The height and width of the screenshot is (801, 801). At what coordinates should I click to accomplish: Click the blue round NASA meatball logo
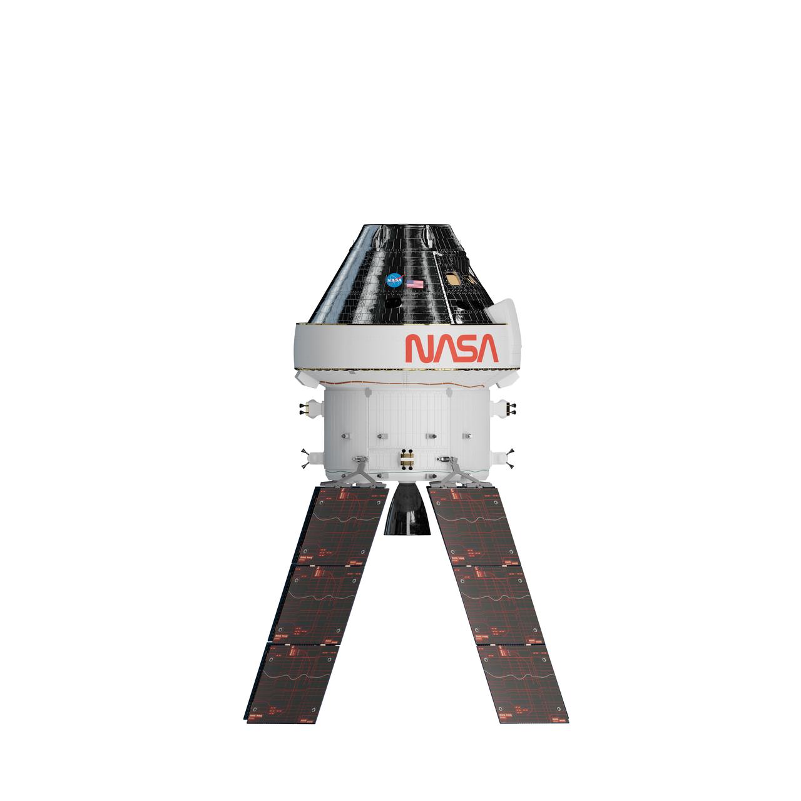pos(394,280)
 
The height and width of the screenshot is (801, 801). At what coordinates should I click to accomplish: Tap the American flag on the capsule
pos(414,284)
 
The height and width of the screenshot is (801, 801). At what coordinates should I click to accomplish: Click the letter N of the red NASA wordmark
pos(417,349)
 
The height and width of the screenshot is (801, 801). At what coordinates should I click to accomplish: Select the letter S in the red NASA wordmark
pos(464,349)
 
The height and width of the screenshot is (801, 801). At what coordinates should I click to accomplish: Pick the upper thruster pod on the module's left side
pos(307,407)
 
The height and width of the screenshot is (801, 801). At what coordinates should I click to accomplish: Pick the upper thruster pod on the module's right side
pos(506,407)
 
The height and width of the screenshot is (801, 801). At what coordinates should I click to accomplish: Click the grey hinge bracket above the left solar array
pos(362,471)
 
